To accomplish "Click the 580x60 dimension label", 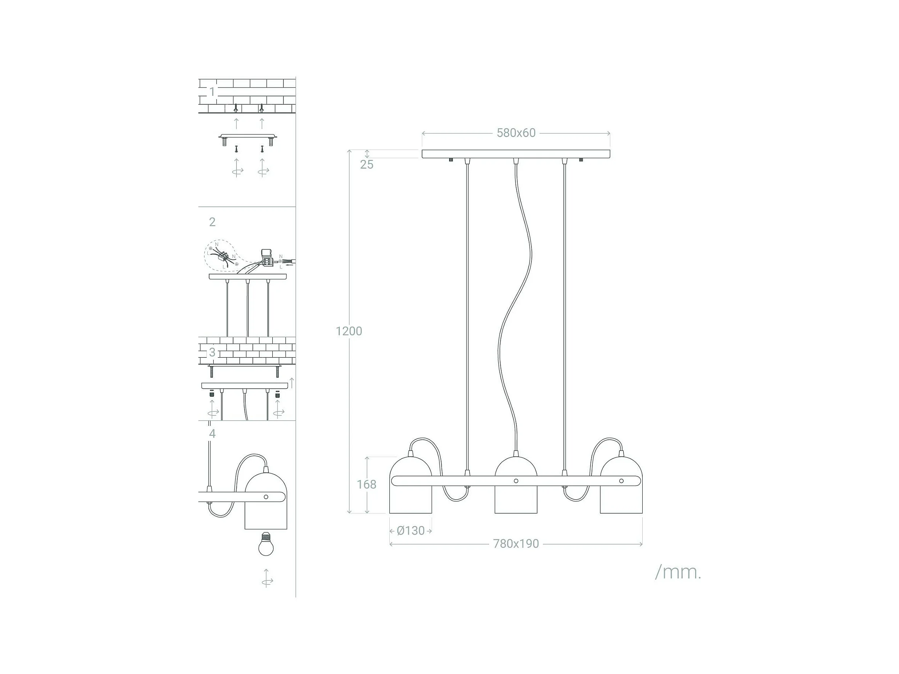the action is tap(516, 133).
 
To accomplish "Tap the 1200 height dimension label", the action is tap(349, 331).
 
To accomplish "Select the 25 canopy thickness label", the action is tap(366, 165).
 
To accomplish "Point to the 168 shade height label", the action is tap(366, 484).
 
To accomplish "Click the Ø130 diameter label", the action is tap(411, 530).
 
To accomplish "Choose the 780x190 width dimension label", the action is tap(516, 544).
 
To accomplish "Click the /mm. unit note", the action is tap(678, 572).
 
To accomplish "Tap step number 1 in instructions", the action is tap(212, 91).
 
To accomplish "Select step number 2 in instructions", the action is tap(212, 222).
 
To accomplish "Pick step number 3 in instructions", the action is tap(212, 352).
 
